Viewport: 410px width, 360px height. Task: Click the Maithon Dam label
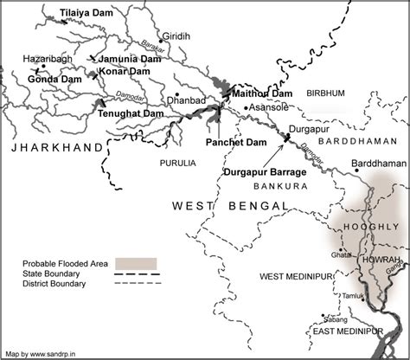pos(264,93)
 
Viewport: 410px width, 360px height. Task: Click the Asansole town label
pos(272,108)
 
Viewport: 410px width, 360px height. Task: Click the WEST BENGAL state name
pos(229,205)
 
